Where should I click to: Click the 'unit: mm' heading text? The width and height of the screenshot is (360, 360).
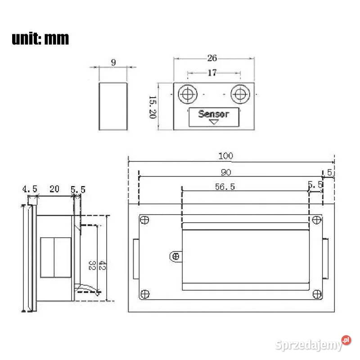(x=40, y=39)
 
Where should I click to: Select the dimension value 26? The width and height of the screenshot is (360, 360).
(x=212, y=58)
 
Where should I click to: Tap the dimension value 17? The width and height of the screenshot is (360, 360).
(x=212, y=73)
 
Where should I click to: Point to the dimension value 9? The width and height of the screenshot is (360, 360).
(x=113, y=63)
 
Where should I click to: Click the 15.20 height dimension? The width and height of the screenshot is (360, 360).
(x=153, y=107)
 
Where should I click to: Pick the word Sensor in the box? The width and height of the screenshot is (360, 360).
(x=213, y=114)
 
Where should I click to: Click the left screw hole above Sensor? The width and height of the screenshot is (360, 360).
(x=188, y=94)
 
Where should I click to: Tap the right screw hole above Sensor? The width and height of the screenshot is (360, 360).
(x=240, y=94)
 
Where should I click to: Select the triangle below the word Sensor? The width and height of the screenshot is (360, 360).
(x=214, y=121)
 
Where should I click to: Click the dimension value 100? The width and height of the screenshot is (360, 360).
(x=225, y=156)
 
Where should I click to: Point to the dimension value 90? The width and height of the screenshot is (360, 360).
(x=226, y=172)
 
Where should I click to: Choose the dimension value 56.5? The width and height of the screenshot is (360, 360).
(x=225, y=187)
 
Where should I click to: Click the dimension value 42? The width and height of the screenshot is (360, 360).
(x=102, y=265)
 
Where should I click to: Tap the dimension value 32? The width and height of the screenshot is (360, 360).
(x=92, y=265)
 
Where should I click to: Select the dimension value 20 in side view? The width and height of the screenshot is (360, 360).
(x=54, y=189)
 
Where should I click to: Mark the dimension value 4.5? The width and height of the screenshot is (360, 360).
(x=30, y=189)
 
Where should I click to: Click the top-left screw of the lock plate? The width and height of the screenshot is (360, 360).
(x=144, y=220)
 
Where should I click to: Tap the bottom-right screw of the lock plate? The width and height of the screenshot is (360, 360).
(x=317, y=294)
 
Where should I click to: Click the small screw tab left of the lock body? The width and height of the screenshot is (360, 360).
(x=175, y=256)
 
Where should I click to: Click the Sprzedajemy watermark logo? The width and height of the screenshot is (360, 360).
(x=313, y=344)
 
